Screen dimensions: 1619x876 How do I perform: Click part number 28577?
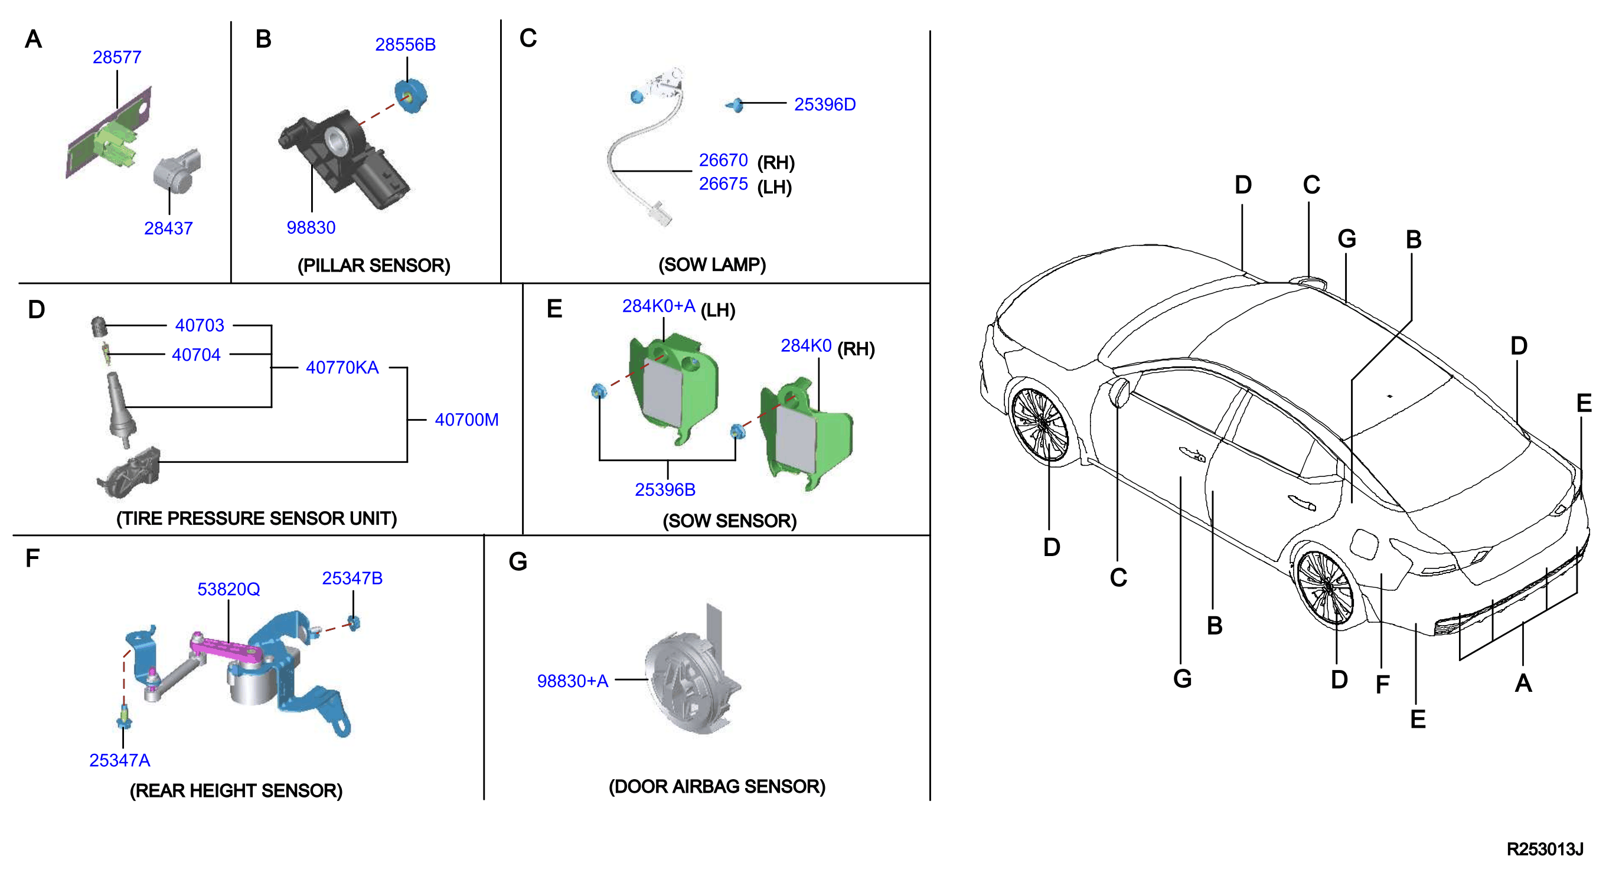[x=117, y=57]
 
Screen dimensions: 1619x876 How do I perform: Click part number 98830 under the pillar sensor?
[x=311, y=227]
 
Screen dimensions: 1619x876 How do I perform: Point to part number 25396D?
[x=825, y=104]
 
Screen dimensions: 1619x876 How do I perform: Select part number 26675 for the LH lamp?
[x=723, y=184]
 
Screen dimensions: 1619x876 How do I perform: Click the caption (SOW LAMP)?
[x=712, y=264]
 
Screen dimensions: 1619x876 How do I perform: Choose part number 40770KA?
[x=342, y=368]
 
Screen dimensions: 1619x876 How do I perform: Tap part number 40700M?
[x=466, y=420]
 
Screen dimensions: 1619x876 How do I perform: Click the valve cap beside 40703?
[x=99, y=327]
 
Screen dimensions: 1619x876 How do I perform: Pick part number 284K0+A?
[x=659, y=306]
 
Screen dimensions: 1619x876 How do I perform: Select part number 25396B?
[x=665, y=489]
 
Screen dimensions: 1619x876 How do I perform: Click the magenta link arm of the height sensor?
[x=226, y=649]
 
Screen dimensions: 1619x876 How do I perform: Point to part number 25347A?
[x=119, y=760]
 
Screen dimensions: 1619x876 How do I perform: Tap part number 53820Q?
[x=229, y=590]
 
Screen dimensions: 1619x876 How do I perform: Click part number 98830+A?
[x=573, y=681]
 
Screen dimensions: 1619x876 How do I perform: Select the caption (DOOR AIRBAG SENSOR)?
[x=717, y=787]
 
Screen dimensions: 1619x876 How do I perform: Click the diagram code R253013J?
[x=1545, y=849]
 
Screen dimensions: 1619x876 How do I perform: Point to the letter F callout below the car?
[x=1382, y=684]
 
